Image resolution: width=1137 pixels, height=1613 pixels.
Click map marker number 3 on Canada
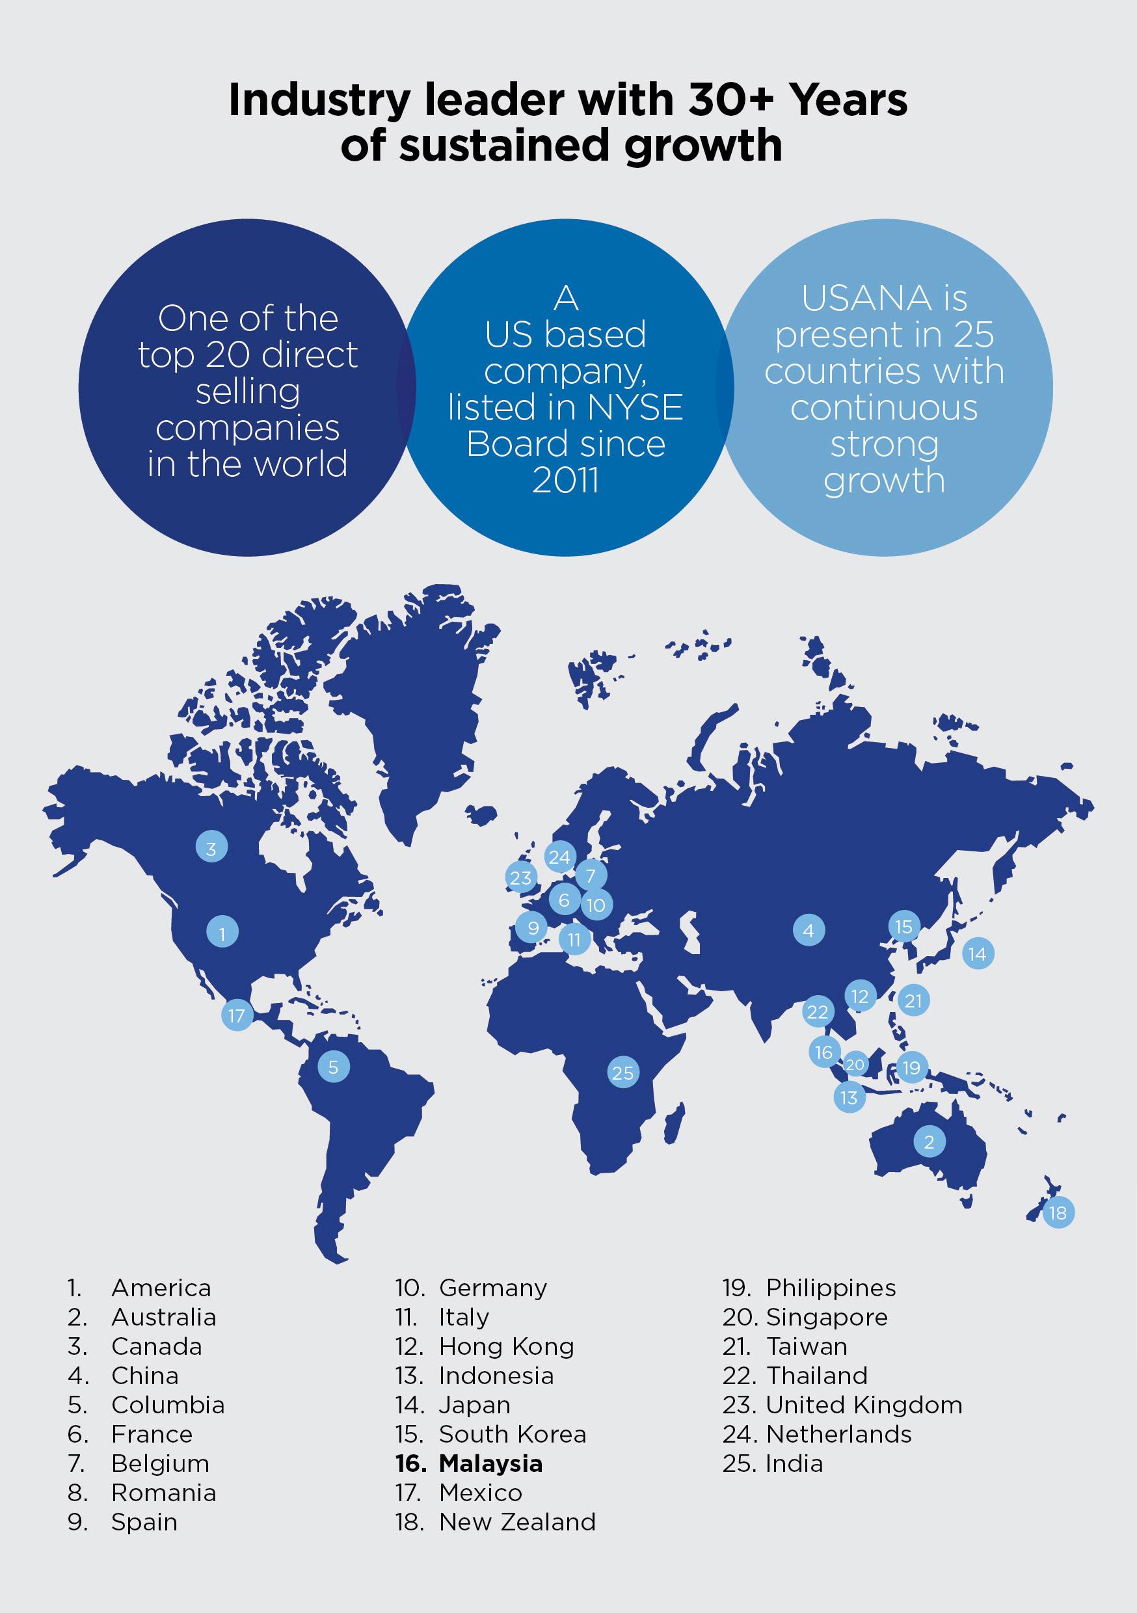[x=211, y=848]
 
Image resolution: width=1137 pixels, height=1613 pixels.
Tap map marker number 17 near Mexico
[x=237, y=1015]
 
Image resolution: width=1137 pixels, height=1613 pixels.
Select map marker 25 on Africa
[x=622, y=1073]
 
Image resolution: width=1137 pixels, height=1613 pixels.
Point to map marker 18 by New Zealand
[x=1058, y=1212]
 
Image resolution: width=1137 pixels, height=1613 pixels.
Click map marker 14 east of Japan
[x=978, y=953]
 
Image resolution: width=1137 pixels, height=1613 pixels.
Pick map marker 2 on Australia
[x=929, y=1141]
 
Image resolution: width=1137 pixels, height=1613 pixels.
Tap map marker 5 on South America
[x=333, y=1067]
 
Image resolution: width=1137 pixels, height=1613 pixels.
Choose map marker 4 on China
[x=808, y=931]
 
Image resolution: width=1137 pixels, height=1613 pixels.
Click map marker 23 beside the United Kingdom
[x=521, y=877]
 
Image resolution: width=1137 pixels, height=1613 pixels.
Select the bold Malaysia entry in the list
[x=490, y=1463]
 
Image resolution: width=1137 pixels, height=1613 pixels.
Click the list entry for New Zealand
[x=516, y=1522]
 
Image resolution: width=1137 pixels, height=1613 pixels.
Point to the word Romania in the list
[x=163, y=1492]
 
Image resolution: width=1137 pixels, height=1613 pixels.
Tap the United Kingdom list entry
[x=864, y=1404]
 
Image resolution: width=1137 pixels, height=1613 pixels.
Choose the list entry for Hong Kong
[x=506, y=1346]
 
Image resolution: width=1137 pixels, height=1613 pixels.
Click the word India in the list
[x=794, y=1463]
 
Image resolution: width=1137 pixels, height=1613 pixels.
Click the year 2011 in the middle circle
[x=565, y=481]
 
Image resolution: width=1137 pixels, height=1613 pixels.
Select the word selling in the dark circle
[x=247, y=392]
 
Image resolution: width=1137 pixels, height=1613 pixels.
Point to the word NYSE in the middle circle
[x=642, y=407]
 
